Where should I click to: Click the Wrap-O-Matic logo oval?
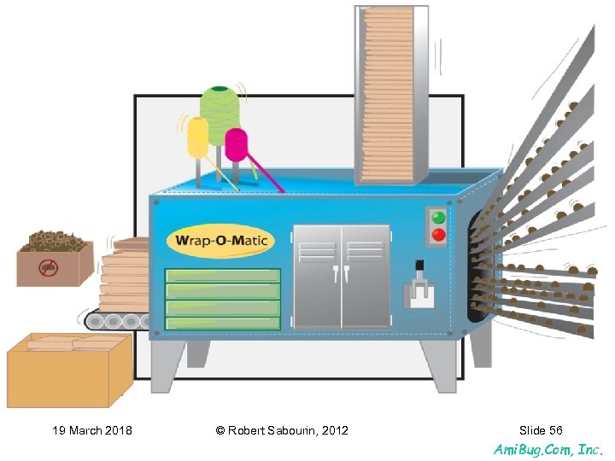tap(221, 241)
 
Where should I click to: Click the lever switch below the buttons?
tap(418, 287)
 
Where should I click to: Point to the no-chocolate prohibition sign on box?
tap(50, 268)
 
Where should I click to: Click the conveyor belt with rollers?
tap(116, 321)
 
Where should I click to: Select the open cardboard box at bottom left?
tap(68, 369)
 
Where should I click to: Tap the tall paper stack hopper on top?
tap(390, 94)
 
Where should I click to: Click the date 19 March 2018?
tap(92, 430)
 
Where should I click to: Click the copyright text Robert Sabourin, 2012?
tap(282, 430)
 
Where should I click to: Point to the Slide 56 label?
tap(541, 430)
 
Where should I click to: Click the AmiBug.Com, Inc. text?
tap(548, 448)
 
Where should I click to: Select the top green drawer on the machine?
tap(222, 276)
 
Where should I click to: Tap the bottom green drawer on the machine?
tap(222, 324)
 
